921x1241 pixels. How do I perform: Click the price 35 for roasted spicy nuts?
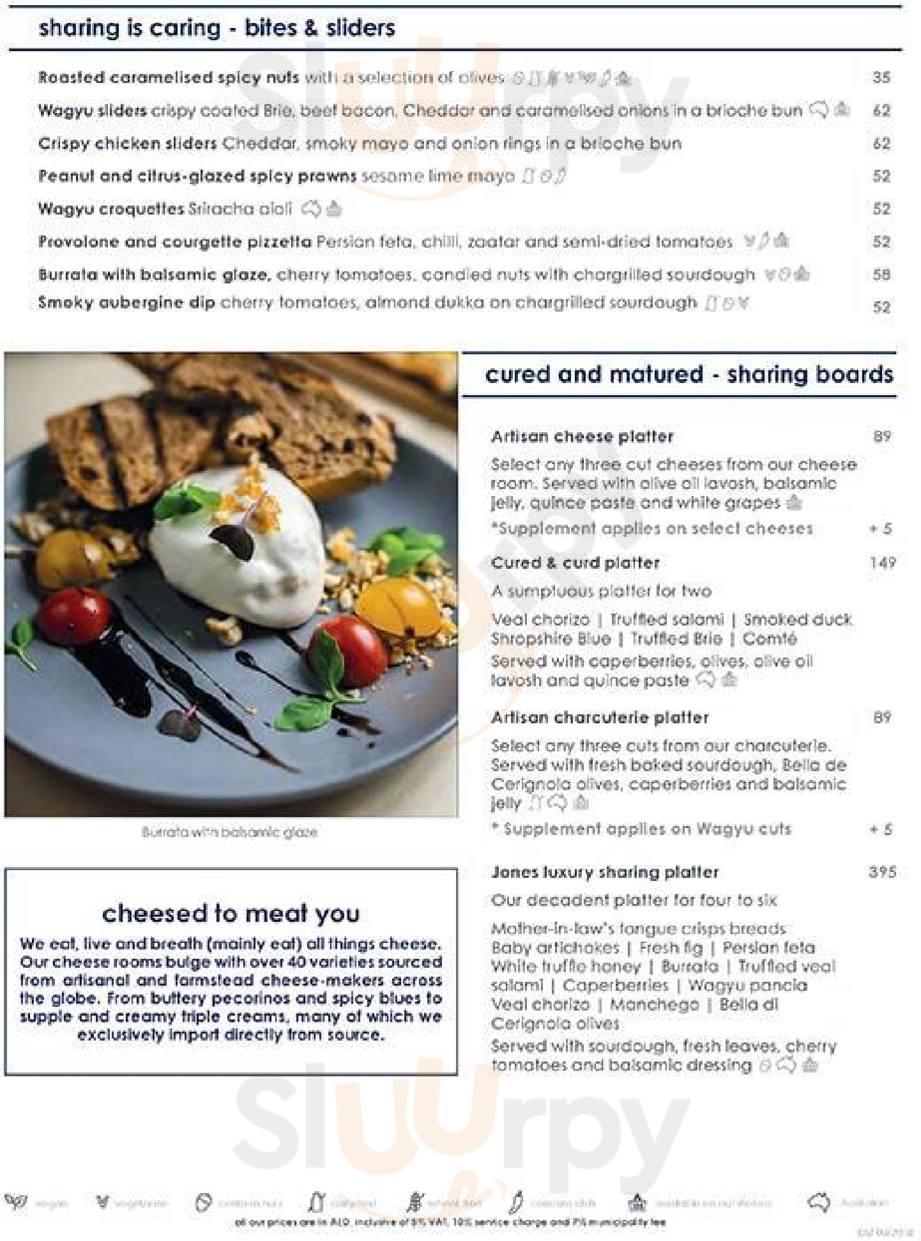(881, 78)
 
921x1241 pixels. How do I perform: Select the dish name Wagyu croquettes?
(111, 209)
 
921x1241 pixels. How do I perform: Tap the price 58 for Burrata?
(881, 275)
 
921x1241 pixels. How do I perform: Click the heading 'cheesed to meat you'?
(231, 914)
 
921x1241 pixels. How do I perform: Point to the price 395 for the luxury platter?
(882, 872)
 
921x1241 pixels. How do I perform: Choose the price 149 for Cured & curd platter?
(882, 563)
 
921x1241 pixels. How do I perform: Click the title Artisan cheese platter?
(582, 437)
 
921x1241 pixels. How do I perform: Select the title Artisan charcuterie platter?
(600, 718)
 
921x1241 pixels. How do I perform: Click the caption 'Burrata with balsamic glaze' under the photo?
(230, 832)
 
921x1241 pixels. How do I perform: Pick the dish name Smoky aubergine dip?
(126, 303)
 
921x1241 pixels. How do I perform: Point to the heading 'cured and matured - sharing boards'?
(689, 375)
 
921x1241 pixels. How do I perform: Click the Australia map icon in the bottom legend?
(818, 1203)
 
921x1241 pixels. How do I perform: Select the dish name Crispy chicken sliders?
(127, 144)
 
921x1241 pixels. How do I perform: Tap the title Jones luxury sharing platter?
(605, 872)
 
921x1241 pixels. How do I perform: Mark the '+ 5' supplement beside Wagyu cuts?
(881, 829)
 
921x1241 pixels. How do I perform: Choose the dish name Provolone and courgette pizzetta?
(174, 242)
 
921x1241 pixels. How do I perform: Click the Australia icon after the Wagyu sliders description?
(818, 110)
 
